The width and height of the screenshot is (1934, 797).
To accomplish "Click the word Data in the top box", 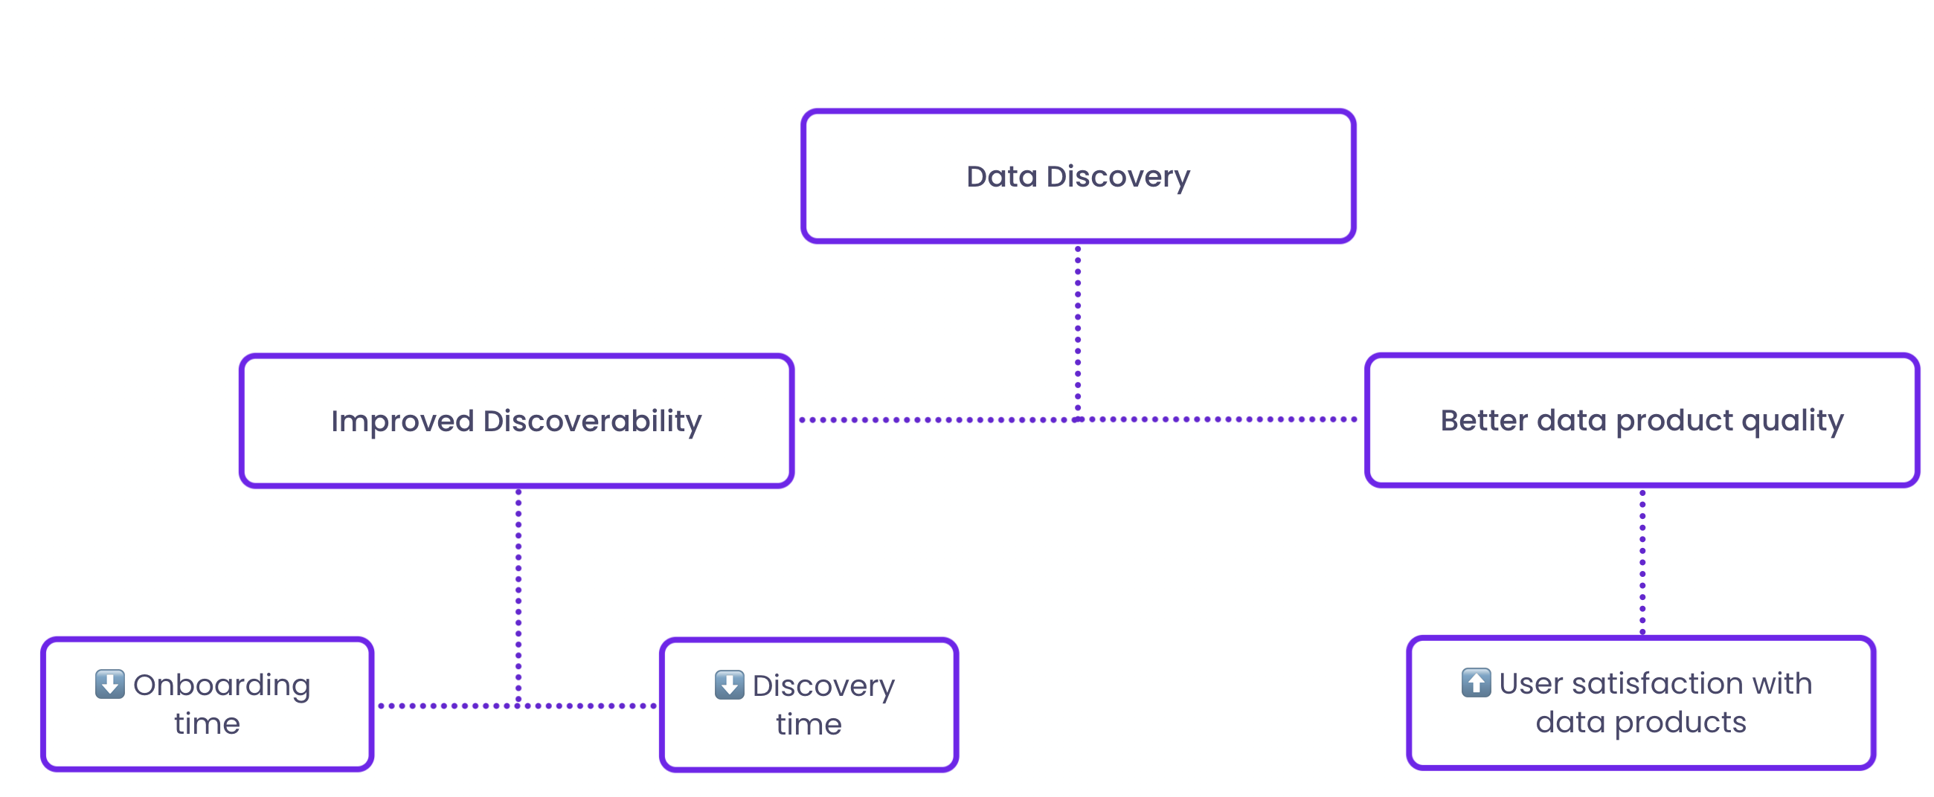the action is coord(1001,176).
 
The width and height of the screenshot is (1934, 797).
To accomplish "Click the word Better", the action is coord(1483,420).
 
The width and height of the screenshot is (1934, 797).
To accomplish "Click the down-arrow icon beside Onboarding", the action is coord(110,684).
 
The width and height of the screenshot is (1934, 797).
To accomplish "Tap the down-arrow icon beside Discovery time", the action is coord(729,685).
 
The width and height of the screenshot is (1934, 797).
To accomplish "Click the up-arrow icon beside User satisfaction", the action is coord(1476,683).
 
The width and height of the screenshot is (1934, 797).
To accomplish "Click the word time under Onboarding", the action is coord(208,724).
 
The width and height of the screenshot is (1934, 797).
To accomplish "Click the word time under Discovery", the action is coord(809,725).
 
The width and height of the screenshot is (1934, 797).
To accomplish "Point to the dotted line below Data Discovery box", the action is coord(1078,332).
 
